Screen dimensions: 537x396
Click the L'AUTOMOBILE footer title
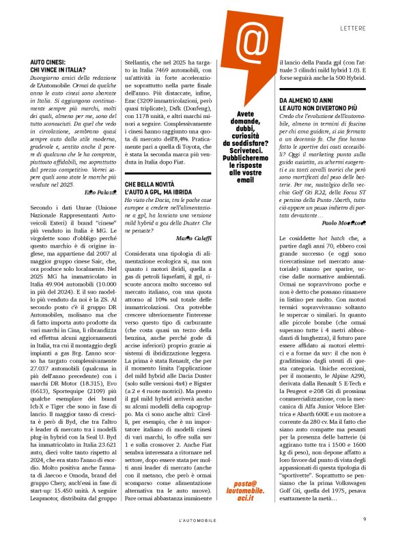tap(198, 520)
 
